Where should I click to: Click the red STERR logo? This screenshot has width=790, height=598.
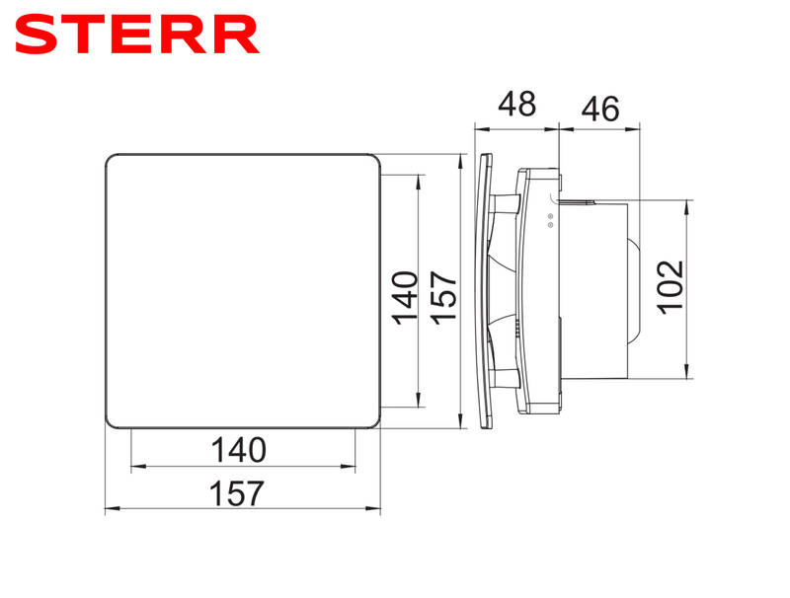[x=138, y=35]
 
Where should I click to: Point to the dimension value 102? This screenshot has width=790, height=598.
[x=671, y=286]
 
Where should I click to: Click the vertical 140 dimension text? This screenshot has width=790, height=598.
[x=403, y=292]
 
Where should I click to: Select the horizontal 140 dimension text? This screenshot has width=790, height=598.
[x=238, y=449]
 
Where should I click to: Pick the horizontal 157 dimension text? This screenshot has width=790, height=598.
[x=238, y=491]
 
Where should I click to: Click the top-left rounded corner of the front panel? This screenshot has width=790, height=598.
[x=111, y=159]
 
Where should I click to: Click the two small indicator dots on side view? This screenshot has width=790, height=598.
[x=550, y=221]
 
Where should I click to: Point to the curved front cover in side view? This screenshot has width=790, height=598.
[x=484, y=291]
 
